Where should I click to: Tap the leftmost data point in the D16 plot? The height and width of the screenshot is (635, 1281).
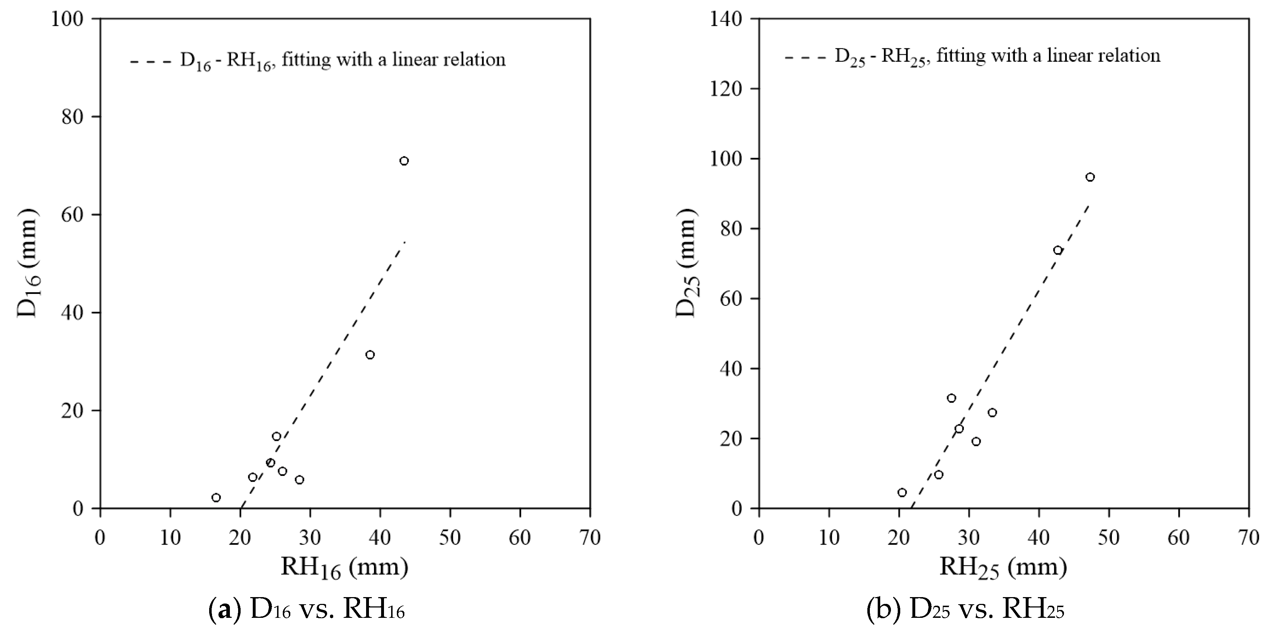216,497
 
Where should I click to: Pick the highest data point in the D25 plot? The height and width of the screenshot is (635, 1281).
1090,177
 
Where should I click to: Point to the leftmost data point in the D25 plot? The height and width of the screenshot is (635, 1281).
902,492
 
